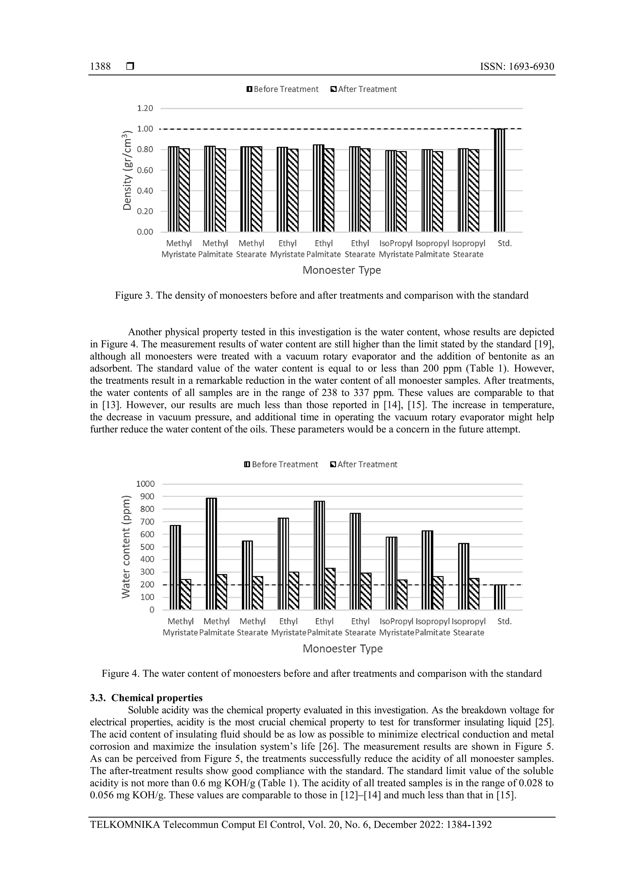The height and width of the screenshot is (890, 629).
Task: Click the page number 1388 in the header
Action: [100, 67]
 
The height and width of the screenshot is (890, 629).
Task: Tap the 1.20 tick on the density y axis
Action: [145, 108]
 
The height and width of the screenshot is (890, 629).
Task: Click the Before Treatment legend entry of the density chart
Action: [283, 89]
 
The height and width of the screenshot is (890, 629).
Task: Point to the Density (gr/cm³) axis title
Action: [127, 171]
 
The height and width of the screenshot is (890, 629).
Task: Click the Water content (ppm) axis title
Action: [126, 547]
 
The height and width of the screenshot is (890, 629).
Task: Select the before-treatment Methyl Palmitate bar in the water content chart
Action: [211, 554]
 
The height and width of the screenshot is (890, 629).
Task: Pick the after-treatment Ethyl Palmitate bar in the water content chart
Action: [330, 589]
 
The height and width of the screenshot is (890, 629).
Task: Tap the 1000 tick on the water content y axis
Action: [145, 484]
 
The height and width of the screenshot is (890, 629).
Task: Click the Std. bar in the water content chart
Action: [500, 597]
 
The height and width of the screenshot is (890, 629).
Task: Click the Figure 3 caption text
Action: [322, 295]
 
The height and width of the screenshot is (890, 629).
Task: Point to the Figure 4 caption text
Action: [322, 674]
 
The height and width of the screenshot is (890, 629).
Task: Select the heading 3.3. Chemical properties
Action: [146, 698]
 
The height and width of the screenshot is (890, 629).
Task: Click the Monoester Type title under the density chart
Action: [342, 270]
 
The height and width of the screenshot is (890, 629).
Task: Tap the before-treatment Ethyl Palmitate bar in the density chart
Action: [318, 188]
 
